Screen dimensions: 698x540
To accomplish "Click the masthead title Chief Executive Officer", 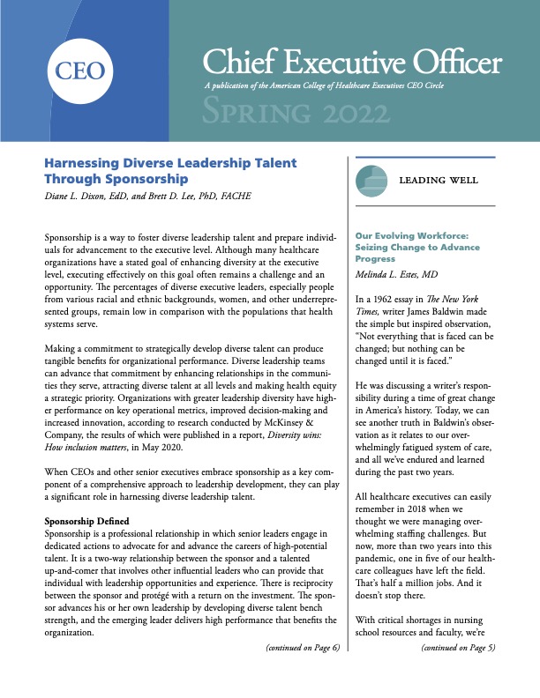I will pyautogui.click(x=352, y=63).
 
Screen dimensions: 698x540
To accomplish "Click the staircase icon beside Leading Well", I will pyautogui.click(x=371, y=180).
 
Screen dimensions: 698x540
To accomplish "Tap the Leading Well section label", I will pyautogui.click(x=439, y=181).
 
